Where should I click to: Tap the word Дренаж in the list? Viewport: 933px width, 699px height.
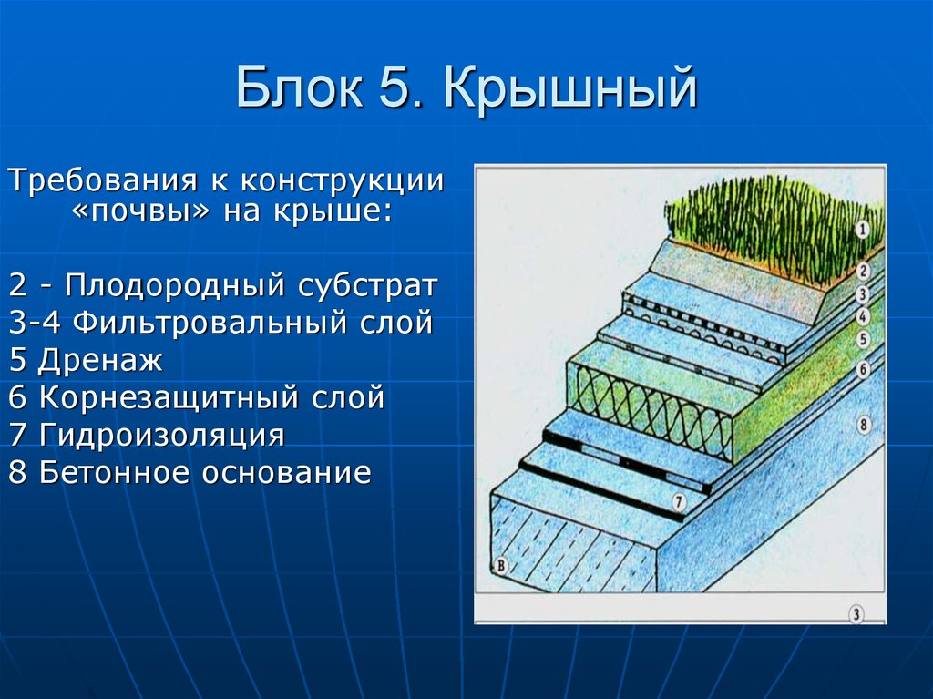click(100, 361)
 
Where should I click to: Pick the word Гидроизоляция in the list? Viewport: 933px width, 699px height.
click(161, 436)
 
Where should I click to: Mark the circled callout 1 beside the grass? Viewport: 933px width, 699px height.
click(863, 231)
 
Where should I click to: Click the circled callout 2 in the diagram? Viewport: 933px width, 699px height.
click(863, 271)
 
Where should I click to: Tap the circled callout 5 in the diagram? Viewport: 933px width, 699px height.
click(863, 339)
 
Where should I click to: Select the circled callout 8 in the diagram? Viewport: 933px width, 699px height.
click(863, 425)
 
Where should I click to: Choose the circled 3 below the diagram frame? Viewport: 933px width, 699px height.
click(856, 614)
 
